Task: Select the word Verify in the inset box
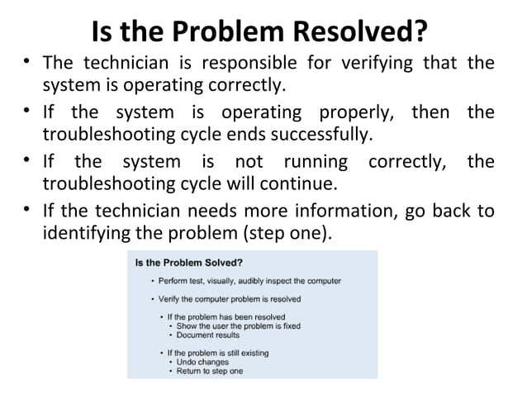point(172,298)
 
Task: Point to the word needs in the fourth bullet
point(187,211)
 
